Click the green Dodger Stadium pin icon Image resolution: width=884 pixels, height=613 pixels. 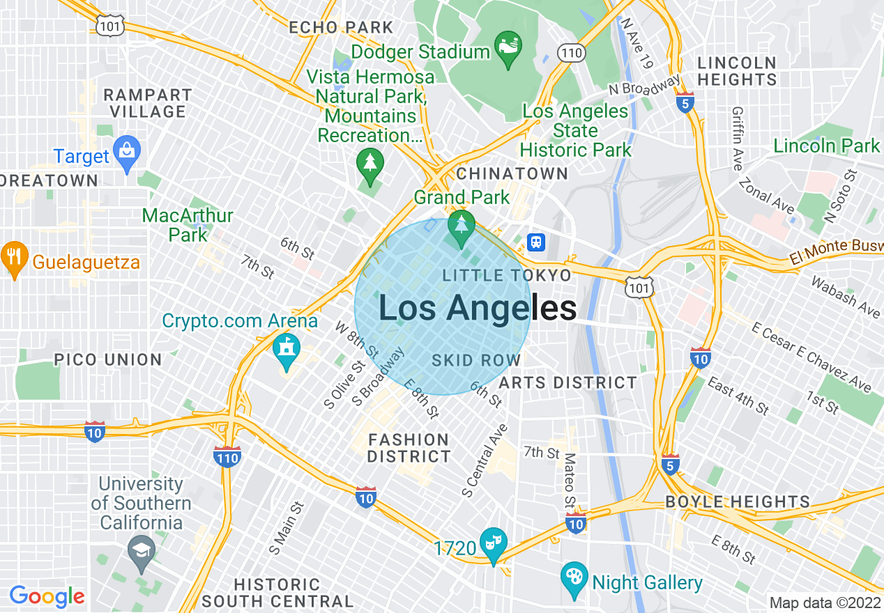pyautogui.click(x=508, y=49)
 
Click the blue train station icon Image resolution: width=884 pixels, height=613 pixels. pyautogui.click(x=536, y=242)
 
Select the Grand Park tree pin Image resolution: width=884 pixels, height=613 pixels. pyautogui.click(x=461, y=227)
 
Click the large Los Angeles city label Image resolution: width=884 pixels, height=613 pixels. pyautogui.click(x=478, y=308)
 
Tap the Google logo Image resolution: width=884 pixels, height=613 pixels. pyautogui.click(x=47, y=596)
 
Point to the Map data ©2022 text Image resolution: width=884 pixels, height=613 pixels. pyautogui.click(x=825, y=603)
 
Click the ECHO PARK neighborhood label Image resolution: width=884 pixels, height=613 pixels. pyautogui.click(x=341, y=28)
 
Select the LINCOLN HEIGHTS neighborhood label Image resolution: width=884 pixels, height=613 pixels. pyautogui.click(x=737, y=71)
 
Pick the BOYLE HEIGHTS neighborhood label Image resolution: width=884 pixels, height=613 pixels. pyautogui.click(x=738, y=502)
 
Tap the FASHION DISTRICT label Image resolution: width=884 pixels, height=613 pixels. pyautogui.click(x=409, y=448)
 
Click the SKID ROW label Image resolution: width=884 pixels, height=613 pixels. pyautogui.click(x=476, y=360)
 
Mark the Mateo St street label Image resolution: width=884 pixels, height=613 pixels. pyautogui.click(x=570, y=481)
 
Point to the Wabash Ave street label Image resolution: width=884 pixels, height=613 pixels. pyautogui.click(x=845, y=297)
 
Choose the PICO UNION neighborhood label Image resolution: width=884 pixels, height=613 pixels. pyautogui.click(x=108, y=360)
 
